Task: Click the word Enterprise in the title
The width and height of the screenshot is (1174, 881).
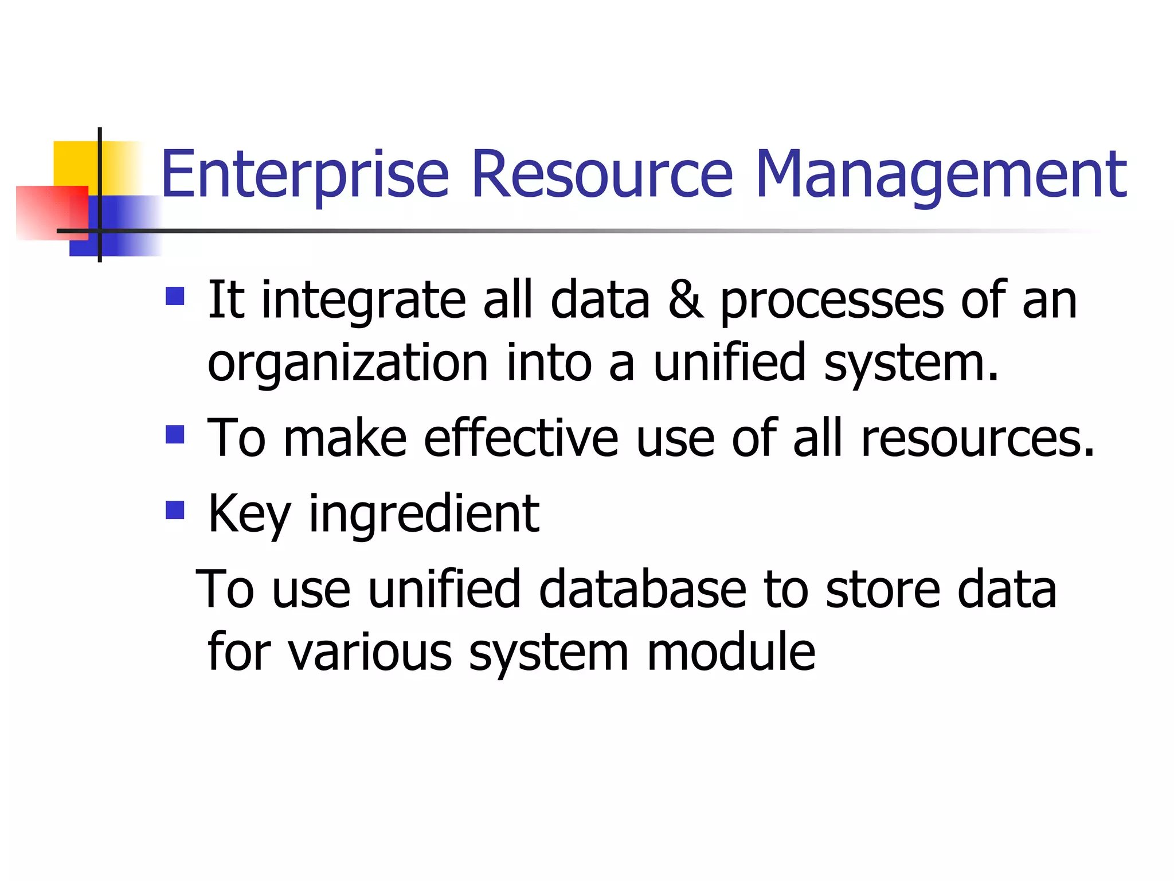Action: [x=304, y=174]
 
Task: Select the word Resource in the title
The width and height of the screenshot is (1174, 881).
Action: [x=601, y=174]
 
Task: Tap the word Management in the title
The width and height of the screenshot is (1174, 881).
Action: [x=941, y=174]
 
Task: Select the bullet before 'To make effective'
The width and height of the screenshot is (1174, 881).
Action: [x=175, y=434]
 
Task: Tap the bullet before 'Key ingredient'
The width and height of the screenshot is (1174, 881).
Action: [x=175, y=510]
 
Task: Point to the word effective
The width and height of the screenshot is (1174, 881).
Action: [x=521, y=439]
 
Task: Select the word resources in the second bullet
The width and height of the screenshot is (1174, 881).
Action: [x=977, y=439]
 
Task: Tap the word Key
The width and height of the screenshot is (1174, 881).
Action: [x=249, y=514]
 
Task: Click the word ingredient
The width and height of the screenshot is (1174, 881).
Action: [x=424, y=514]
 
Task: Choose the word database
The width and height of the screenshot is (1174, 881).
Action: [x=643, y=589]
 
